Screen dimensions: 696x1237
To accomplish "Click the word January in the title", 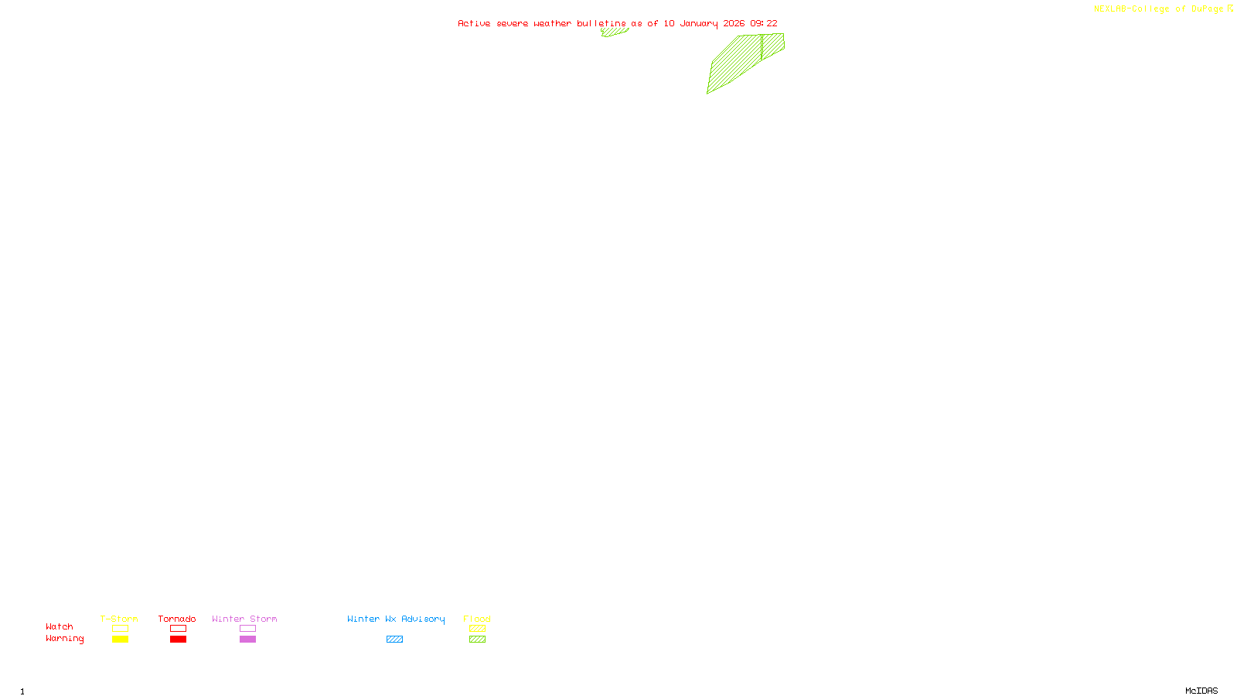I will (x=698, y=24).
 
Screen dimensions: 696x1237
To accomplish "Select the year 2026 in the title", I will (x=734, y=24).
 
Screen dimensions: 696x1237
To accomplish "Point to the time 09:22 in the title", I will (x=764, y=24).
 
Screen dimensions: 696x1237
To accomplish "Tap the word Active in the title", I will (x=474, y=24).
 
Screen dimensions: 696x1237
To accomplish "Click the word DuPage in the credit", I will (x=1207, y=9).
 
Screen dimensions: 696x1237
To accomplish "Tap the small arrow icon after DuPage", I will (x=1230, y=9).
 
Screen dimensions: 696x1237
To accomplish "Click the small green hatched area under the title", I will (x=614, y=32).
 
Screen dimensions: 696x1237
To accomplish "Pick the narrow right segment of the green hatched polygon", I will (x=772, y=45).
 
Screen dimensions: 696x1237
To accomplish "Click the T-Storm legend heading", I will (x=119, y=619).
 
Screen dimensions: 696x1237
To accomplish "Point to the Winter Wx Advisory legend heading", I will (x=396, y=619).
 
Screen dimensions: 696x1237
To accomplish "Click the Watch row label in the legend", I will (x=60, y=627).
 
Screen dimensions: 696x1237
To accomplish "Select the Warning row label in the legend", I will (x=64, y=639).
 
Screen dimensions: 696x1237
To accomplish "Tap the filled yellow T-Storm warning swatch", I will (x=120, y=640).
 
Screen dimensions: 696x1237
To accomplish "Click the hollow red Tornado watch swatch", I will (x=178, y=629).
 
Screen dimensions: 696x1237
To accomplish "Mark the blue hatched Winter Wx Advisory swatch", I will (x=394, y=640).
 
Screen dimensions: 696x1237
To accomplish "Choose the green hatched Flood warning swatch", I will (x=477, y=640).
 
